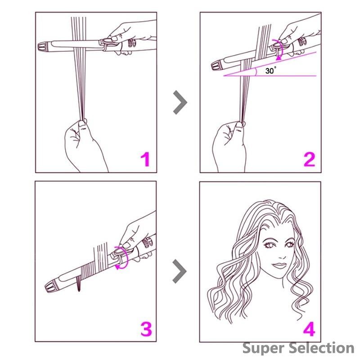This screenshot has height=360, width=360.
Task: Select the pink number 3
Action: coord(146,329)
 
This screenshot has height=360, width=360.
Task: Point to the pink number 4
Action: coord(309,329)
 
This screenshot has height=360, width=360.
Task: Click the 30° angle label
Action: coord(271,70)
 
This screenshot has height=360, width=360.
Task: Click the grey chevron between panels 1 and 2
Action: coord(180,102)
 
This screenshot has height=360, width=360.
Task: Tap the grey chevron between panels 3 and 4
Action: coord(180,271)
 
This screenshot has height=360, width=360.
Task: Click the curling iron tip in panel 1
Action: coord(42,46)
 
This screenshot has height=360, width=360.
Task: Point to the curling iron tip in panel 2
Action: coord(216,65)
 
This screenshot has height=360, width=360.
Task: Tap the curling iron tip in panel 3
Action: coord(50,287)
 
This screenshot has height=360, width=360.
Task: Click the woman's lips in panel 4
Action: coord(279,265)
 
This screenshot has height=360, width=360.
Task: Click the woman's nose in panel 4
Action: coord(282,255)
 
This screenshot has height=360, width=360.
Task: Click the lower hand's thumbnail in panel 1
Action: coord(82,123)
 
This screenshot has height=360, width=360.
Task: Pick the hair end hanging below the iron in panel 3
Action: coord(79,283)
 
